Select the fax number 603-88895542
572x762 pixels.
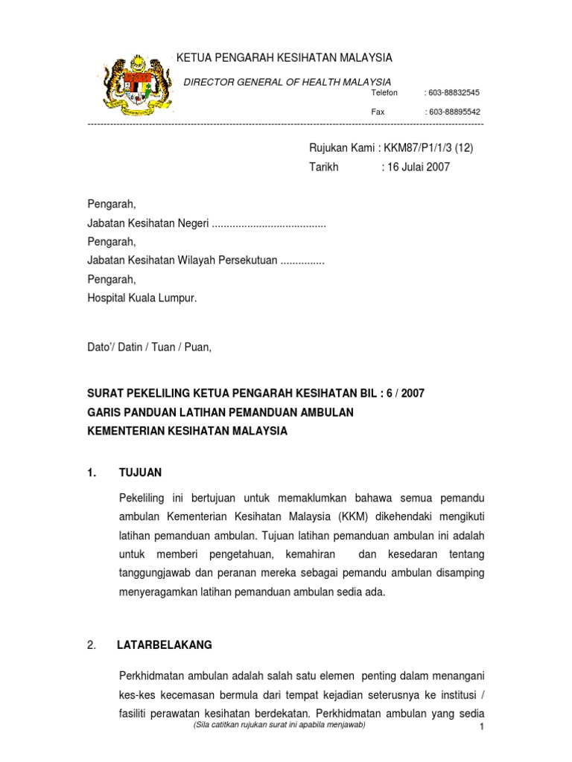click(x=454, y=112)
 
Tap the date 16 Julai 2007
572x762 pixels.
click(x=418, y=167)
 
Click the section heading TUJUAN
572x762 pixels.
click(x=140, y=473)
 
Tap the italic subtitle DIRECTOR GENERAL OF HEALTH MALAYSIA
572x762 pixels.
click(x=287, y=81)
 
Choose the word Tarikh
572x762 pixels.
click(x=324, y=167)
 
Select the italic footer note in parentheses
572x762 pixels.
click(x=279, y=724)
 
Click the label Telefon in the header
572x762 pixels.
click(x=384, y=93)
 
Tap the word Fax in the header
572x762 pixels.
click(x=378, y=112)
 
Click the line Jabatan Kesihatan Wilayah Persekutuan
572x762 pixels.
click(x=182, y=260)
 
